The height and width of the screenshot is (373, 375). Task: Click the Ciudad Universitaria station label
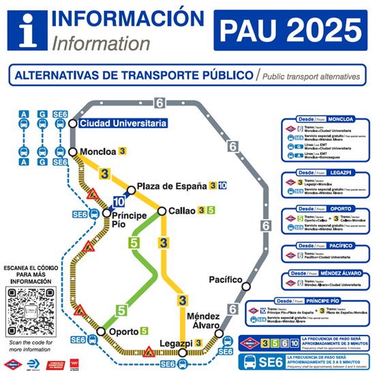coord(122,123)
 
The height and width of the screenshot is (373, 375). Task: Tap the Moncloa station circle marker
coord(73,152)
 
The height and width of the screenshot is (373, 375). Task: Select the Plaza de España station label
coord(172,186)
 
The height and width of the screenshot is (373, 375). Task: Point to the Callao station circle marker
coord(162,211)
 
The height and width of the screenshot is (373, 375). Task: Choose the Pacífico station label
coord(226,279)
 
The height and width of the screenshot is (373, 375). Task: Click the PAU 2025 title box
coord(291,29)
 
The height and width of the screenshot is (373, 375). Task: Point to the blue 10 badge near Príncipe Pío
coord(119,201)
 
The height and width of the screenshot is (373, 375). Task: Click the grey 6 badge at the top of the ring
coord(160,103)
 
